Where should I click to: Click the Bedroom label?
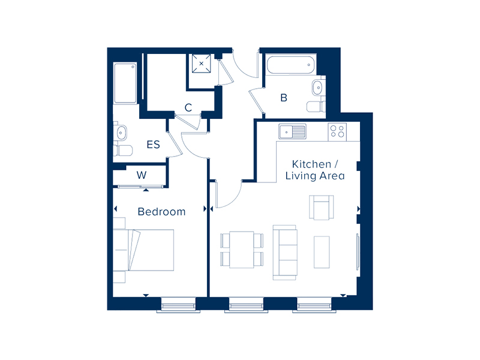(x=161, y=212)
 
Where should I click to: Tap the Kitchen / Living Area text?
(x=315, y=170)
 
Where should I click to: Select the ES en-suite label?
(x=153, y=145)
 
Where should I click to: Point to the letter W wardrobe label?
(x=142, y=175)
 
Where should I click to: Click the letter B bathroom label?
(x=284, y=98)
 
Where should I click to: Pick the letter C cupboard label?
(x=188, y=107)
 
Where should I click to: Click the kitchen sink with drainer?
(x=292, y=131)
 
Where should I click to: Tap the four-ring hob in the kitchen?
(x=337, y=131)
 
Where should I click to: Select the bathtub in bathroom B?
(x=290, y=65)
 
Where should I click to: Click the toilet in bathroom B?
(x=316, y=107)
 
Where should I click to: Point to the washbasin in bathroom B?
(x=318, y=88)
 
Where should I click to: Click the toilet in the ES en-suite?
(x=123, y=151)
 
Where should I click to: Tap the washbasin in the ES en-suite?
(x=121, y=133)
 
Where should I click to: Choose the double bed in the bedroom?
(x=143, y=250)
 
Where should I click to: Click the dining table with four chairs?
(x=242, y=250)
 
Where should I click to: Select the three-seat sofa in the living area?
(x=284, y=252)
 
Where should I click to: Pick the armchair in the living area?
(x=321, y=207)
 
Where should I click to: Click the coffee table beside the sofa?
(x=322, y=252)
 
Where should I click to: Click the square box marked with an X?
(x=202, y=64)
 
